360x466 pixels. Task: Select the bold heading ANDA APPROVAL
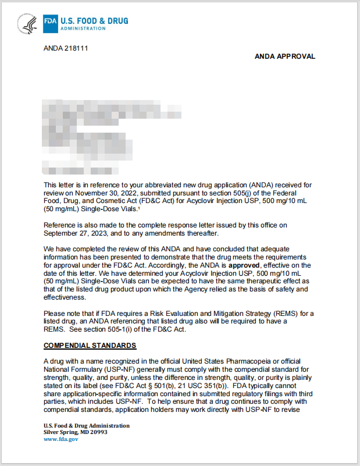click(285, 56)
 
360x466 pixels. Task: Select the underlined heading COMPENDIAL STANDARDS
click(90, 346)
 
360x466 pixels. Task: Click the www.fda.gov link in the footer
click(61, 439)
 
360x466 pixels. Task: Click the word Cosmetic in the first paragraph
click(102, 200)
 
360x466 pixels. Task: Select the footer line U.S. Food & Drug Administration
click(87, 426)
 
